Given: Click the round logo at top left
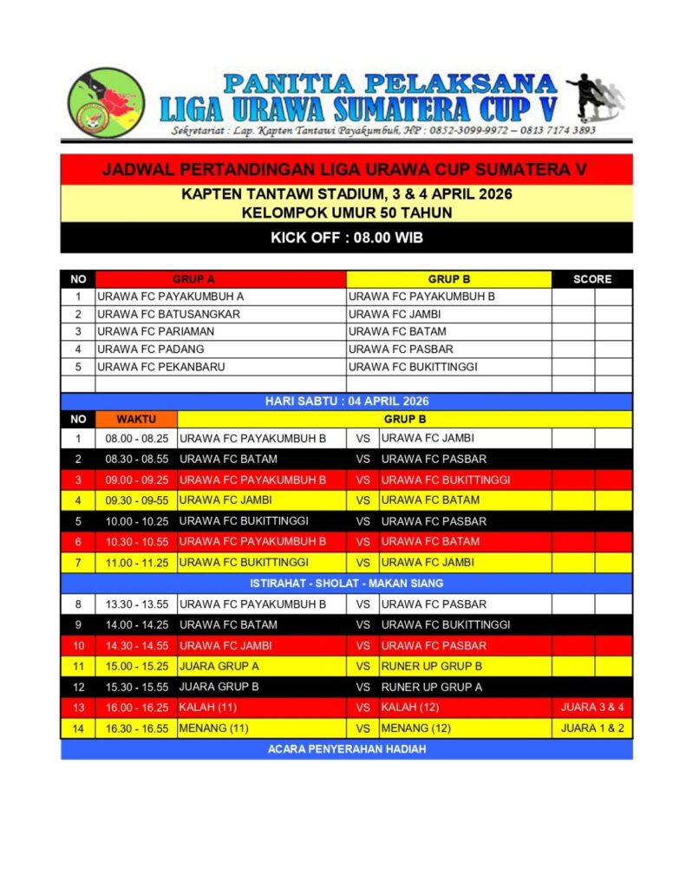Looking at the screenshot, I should (106, 103).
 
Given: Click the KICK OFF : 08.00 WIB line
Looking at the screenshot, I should (346, 237).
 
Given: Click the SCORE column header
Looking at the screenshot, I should (592, 279).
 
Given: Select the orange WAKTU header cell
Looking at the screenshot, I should (136, 419).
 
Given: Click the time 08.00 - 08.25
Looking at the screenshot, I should (136, 438).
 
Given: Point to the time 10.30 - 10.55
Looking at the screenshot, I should (136, 541).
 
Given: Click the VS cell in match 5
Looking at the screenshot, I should (363, 521).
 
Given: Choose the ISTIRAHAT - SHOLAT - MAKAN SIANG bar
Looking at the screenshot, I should (346, 583).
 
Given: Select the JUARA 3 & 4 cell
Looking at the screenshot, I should (592, 708).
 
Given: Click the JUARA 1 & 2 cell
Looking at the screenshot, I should (592, 728).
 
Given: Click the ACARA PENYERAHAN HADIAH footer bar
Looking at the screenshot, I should (346, 749).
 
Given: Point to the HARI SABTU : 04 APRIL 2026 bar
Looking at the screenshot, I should (346, 402).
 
